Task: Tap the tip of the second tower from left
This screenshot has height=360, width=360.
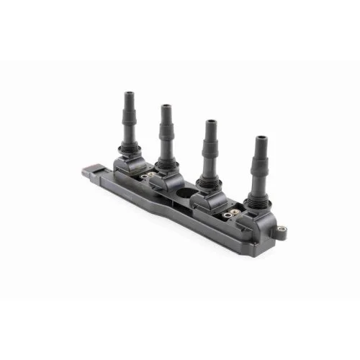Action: point(166,107)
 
